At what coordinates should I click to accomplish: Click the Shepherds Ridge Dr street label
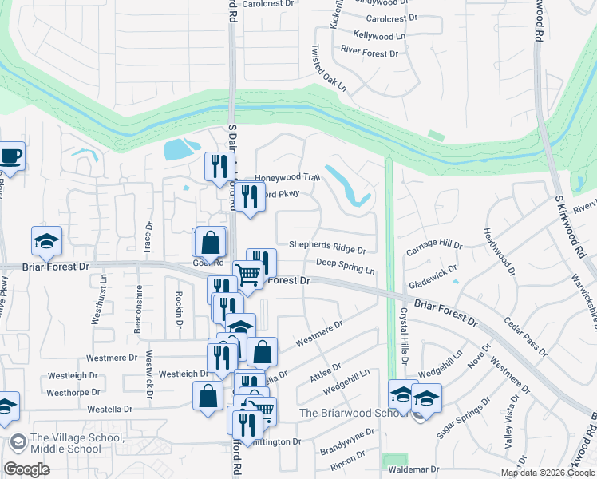tap(327, 249)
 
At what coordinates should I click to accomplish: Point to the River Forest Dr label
tap(369, 53)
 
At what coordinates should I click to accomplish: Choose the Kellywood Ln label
tap(379, 36)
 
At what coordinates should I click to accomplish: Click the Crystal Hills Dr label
tap(404, 336)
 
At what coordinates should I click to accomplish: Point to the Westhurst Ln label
tap(105, 299)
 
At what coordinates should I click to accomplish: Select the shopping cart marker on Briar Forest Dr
tap(248, 275)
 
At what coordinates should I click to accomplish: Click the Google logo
tap(26, 469)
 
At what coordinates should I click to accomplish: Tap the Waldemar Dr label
tap(413, 469)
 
